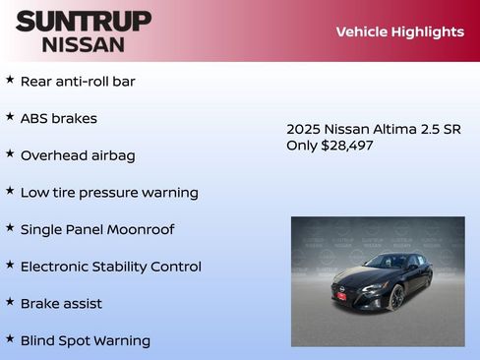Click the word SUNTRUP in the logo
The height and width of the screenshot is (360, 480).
click(84, 21)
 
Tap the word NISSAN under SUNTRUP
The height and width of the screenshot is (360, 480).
click(84, 44)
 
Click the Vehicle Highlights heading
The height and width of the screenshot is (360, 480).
click(399, 31)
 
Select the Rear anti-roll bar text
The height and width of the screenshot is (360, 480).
click(78, 82)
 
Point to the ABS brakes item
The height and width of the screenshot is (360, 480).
click(59, 118)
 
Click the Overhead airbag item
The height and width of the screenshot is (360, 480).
click(78, 155)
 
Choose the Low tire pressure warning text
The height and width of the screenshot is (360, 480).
click(109, 193)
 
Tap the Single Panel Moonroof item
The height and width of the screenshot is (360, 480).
click(97, 229)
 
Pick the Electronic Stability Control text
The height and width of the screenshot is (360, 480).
click(111, 267)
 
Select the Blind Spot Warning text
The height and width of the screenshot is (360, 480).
click(86, 341)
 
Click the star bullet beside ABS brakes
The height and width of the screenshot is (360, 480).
click(10, 117)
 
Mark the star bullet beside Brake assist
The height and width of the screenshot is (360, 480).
click(10, 302)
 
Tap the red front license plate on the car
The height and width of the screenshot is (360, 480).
click(341, 295)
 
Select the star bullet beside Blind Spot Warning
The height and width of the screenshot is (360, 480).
click(10, 339)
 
